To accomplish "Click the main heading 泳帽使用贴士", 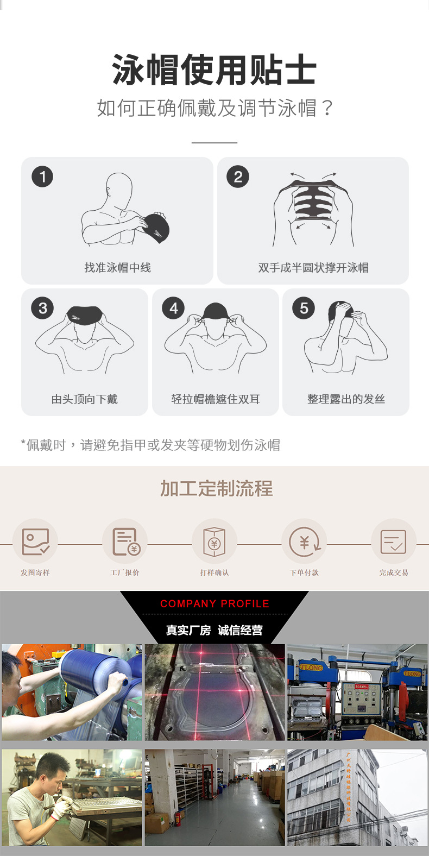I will click(x=214, y=70).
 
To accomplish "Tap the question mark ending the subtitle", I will click(x=327, y=108).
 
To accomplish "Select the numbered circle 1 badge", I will click(x=42, y=177).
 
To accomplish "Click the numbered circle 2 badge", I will click(x=238, y=177).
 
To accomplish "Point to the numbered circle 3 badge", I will click(x=42, y=308).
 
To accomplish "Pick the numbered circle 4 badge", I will click(x=173, y=308).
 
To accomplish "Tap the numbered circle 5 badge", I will click(x=304, y=308).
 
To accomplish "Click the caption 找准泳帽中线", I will click(x=117, y=267).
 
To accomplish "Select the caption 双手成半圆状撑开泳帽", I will click(x=313, y=267).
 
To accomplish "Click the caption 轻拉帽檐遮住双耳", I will click(x=216, y=399).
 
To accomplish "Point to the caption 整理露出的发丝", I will click(x=346, y=399).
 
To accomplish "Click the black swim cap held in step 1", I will click(x=156, y=227).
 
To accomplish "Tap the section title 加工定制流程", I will click(x=216, y=488).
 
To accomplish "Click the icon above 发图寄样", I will click(x=35, y=542).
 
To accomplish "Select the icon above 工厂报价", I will click(x=125, y=542).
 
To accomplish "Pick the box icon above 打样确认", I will click(x=214, y=542).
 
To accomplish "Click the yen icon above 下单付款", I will click(x=304, y=542).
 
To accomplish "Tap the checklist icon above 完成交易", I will click(x=394, y=542).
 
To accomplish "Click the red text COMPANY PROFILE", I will click(x=214, y=603).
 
